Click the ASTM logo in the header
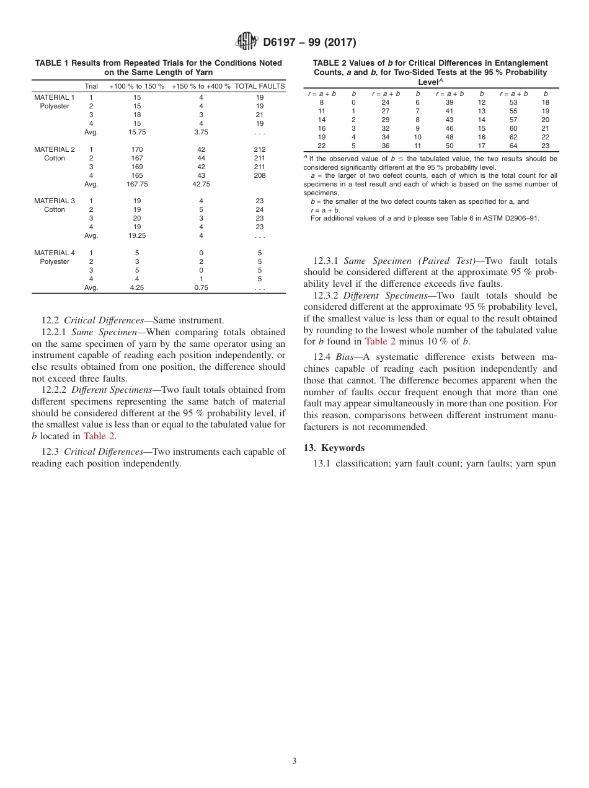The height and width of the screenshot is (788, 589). click(x=247, y=42)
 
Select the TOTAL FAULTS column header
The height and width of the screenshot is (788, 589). click(x=260, y=86)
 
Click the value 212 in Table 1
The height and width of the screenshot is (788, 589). click(x=260, y=149)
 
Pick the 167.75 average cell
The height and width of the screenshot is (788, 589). click(x=137, y=184)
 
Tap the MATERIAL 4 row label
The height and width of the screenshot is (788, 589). click(x=55, y=253)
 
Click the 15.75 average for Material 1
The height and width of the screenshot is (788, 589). click(x=137, y=132)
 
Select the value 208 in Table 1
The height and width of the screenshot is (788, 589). click(x=260, y=175)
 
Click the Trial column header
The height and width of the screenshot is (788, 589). click(x=91, y=86)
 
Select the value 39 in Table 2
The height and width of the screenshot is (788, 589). click(x=449, y=102)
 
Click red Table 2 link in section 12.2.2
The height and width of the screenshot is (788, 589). click(x=99, y=436)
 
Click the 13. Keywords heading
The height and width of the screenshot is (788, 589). click(x=334, y=448)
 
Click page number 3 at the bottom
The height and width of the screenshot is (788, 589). click(x=294, y=761)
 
